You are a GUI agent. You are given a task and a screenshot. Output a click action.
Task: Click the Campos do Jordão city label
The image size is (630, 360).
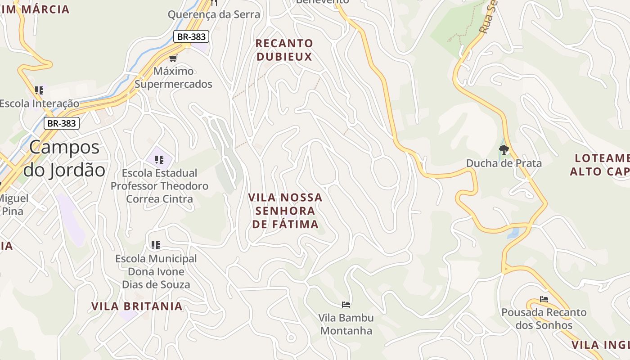point(64,158)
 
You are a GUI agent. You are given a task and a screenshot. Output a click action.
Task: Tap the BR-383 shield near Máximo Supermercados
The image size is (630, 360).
point(191,37)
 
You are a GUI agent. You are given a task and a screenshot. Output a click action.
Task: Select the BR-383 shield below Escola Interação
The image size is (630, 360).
point(62,123)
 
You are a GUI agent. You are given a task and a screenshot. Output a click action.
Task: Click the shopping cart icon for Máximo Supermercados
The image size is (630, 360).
point(173,58)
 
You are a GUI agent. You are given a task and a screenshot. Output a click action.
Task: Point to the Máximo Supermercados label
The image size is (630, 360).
point(173,77)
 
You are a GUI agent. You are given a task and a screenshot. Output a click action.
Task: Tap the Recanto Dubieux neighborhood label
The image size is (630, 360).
point(284,50)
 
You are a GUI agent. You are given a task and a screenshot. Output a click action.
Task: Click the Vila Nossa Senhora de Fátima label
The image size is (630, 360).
point(285,211)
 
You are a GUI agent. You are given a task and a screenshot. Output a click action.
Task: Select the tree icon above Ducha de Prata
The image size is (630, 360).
point(504,149)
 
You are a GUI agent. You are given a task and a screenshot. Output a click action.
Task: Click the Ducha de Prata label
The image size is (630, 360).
point(504,163)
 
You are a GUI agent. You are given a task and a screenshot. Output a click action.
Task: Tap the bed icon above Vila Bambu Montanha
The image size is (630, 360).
point(346,305)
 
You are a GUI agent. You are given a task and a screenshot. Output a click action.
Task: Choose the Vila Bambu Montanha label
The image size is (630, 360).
point(346,324)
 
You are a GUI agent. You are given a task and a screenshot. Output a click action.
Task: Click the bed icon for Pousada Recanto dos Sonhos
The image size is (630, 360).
point(544,299)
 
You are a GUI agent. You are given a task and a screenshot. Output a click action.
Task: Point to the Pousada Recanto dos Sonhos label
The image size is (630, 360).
point(544,319)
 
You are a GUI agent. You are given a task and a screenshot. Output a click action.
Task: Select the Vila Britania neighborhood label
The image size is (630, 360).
point(137,306)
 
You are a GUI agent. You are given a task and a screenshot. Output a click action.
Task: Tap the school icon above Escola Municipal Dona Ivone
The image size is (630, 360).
point(156,245)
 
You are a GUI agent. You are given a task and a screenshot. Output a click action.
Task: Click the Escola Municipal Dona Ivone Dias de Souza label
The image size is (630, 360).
point(156,271)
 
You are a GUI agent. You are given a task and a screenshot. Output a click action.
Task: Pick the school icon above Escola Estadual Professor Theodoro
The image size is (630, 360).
point(159,159)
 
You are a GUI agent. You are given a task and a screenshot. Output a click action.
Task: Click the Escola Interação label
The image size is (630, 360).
point(39,103)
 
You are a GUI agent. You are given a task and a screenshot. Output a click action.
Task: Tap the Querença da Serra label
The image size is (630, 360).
point(214,14)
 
